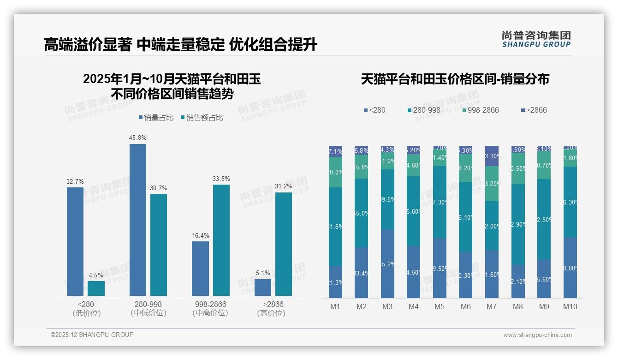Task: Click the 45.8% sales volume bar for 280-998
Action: click(137, 220)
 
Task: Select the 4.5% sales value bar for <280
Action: click(96, 288)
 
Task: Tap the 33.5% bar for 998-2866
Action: click(221, 240)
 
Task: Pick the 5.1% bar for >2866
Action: click(263, 288)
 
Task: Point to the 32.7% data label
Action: click(75, 182)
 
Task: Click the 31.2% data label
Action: click(283, 186)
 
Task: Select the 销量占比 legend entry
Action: click(156, 118)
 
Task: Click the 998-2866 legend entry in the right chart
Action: click(480, 110)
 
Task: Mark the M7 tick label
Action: click(492, 307)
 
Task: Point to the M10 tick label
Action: click(570, 307)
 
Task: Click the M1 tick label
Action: click(335, 307)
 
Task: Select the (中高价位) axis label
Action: click(210, 313)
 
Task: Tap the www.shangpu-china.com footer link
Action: click(537, 335)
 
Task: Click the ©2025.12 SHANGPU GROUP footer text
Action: click(92, 335)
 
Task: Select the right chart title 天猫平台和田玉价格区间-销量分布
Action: click(455, 79)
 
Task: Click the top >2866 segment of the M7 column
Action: click(492, 156)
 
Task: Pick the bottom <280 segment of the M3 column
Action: click(388, 264)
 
